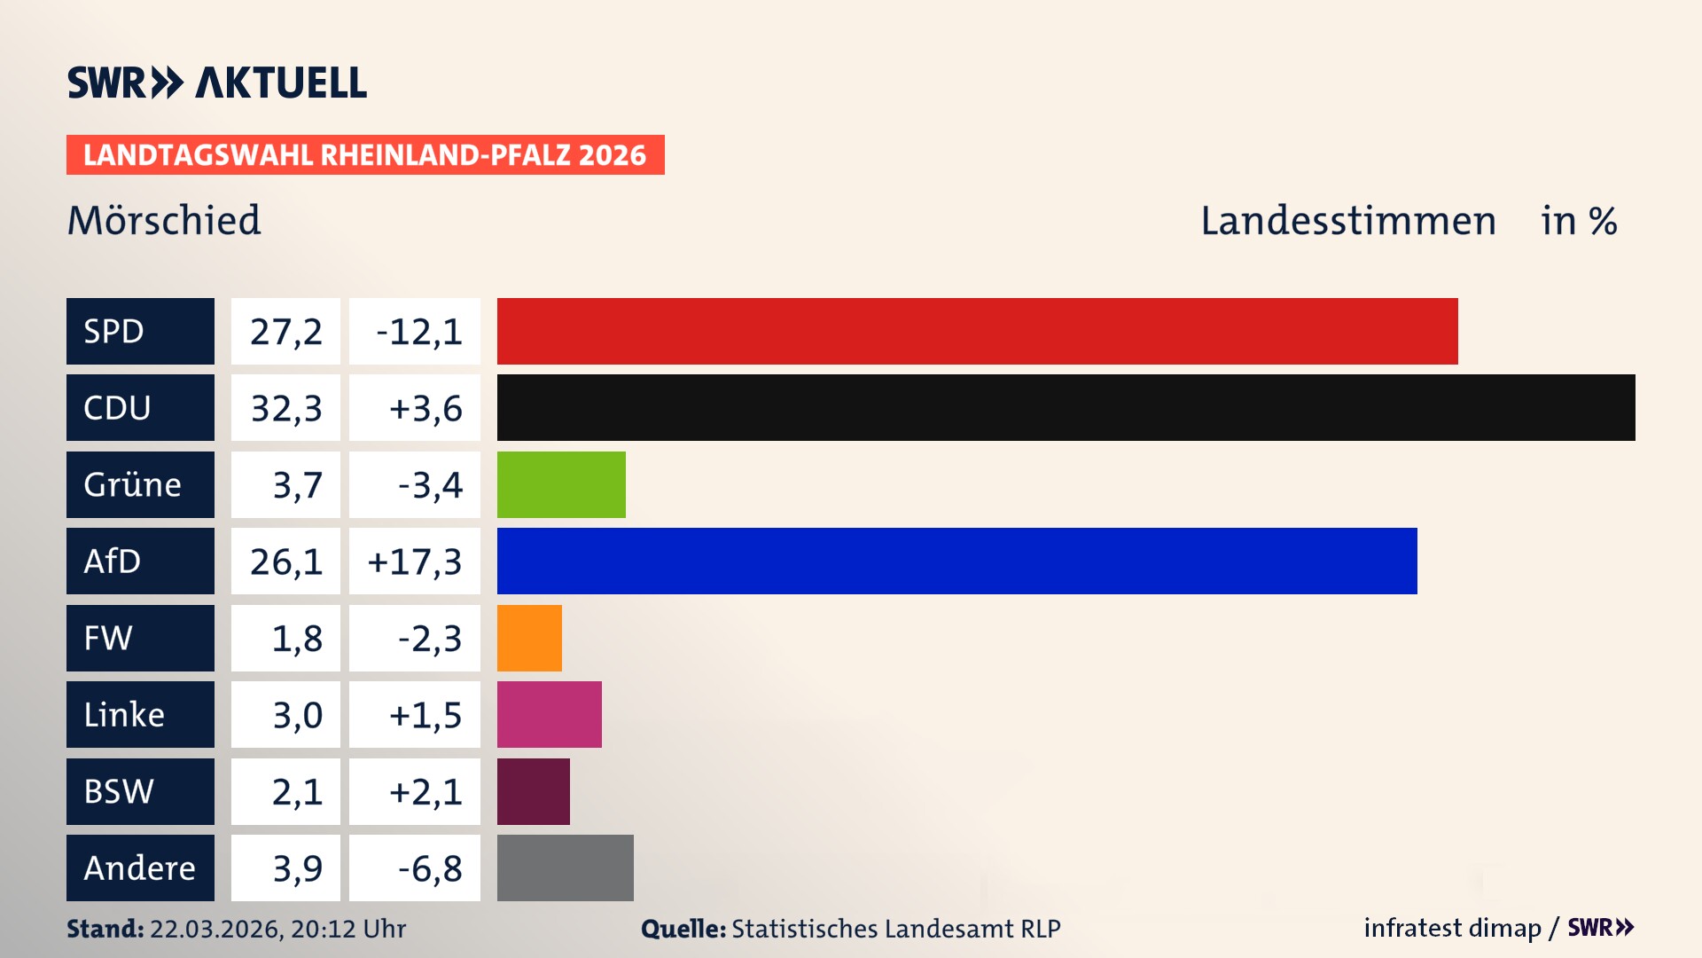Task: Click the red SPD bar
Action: [x=977, y=331]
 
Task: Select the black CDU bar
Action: [x=1066, y=408]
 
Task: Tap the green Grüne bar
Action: [x=561, y=484]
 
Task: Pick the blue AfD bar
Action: [x=956, y=561]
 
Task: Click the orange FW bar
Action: [x=529, y=638]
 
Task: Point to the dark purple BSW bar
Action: [x=533, y=791]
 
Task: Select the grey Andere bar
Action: [x=565, y=868]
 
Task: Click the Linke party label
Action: [x=124, y=715]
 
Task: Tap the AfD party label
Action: [x=113, y=561]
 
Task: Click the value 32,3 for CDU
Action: [x=285, y=408]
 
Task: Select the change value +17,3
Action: [x=415, y=561]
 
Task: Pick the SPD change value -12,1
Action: [x=418, y=332]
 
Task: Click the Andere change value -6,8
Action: [x=430, y=868]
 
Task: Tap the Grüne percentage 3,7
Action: [x=297, y=485]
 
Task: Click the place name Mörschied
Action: [x=164, y=221]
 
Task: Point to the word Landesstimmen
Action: [x=1347, y=221]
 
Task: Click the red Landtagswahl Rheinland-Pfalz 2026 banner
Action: [x=365, y=155]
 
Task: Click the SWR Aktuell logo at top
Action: [x=216, y=82]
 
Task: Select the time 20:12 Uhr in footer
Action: [x=347, y=929]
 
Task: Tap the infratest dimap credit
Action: [x=1451, y=928]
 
